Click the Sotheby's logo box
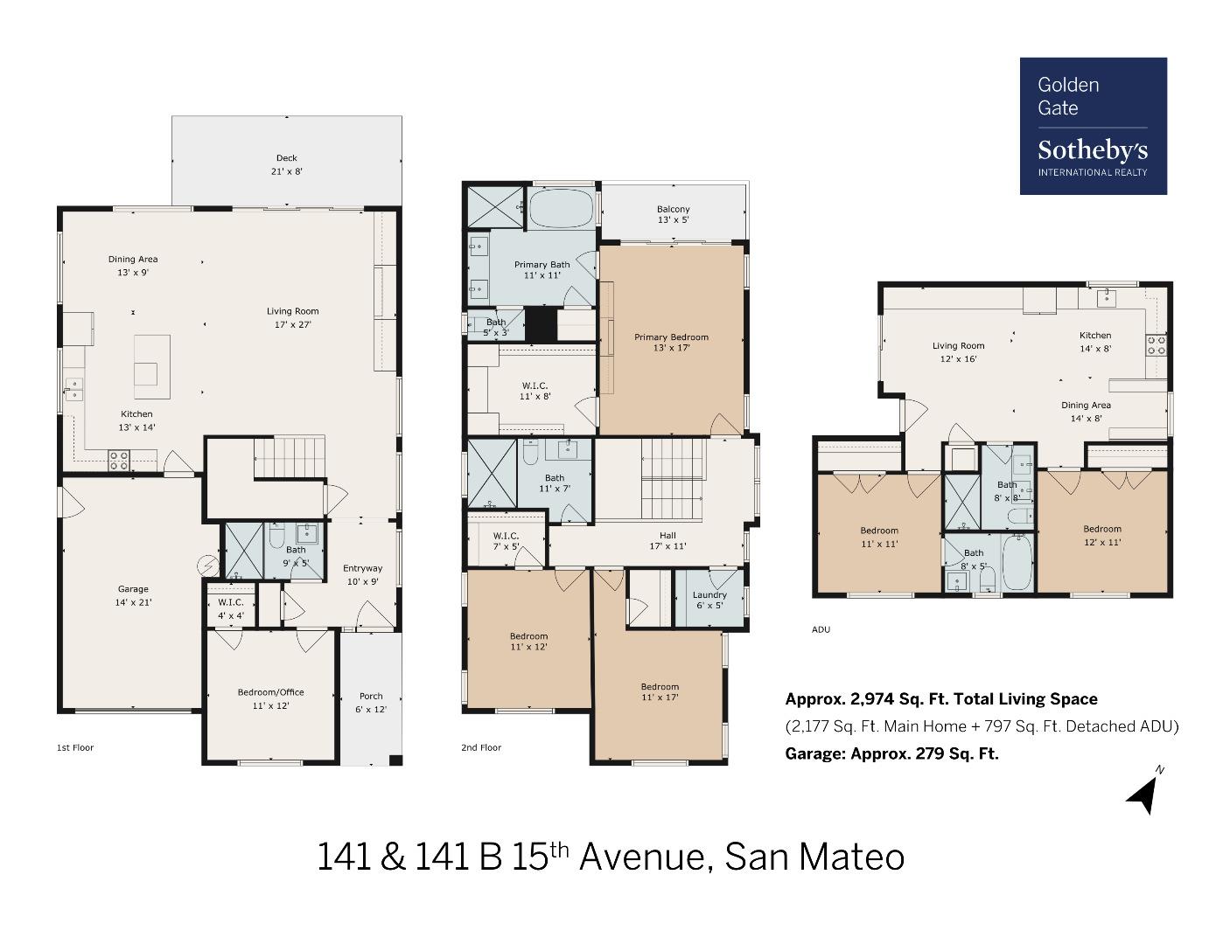coord(1093,126)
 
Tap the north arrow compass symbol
coord(1143,792)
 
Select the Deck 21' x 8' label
coord(286,165)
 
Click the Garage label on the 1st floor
coord(133,595)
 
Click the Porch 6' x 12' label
coord(371,703)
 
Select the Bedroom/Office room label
coord(270,698)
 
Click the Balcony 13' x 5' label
coord(673,214)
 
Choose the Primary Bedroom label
coord(671,342)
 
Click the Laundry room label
coord(709,600)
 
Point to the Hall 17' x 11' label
coord(667,540)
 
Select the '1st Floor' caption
coord(75,747)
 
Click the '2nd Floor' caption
coord(481,747)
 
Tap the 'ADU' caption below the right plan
coord(821,629)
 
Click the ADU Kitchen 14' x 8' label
coord(1094,341)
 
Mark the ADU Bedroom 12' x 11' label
coord(1101,535)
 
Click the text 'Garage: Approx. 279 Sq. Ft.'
coord(891,753)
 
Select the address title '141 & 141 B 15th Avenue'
coord(610,857)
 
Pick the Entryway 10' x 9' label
coord(362,574)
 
